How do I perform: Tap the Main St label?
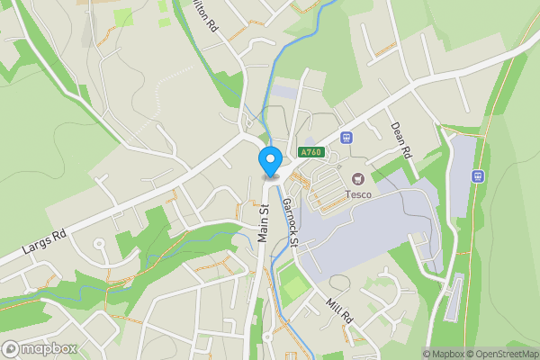[x=265, y=221]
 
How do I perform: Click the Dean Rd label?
[x=400, y=139]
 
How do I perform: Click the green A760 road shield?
[x=311, y=152]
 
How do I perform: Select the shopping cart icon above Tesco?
[x=358, y=179]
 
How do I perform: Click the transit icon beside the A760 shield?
[x=346, y=138]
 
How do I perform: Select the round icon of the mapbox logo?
[x=12, y=347]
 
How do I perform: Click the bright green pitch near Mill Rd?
[x=293, y=288]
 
